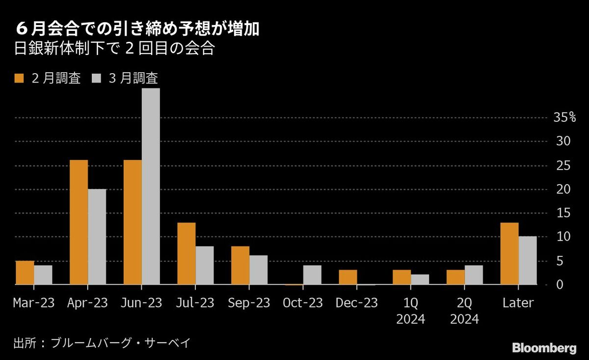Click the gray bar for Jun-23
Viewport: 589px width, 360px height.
151,187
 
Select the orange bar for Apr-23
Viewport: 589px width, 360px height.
79,222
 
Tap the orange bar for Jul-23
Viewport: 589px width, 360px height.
187,254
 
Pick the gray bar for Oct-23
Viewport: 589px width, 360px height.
312,275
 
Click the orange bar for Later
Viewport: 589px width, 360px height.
509,254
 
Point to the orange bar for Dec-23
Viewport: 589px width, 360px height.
348,277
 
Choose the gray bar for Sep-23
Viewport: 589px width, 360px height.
258,270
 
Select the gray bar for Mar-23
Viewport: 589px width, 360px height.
43,275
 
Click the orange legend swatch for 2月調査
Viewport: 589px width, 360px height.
20,78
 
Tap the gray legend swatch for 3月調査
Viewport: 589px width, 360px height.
97,78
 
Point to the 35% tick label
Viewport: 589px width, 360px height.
564,117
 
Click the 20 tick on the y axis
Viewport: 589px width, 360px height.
563,189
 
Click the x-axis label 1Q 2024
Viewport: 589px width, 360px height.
411,311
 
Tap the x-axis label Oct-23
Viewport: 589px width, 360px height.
303,303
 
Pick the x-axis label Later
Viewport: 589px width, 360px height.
518,303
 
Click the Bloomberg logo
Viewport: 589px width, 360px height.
544,348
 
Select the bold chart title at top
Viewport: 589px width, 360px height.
137,29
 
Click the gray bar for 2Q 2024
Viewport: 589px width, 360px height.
474,275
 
